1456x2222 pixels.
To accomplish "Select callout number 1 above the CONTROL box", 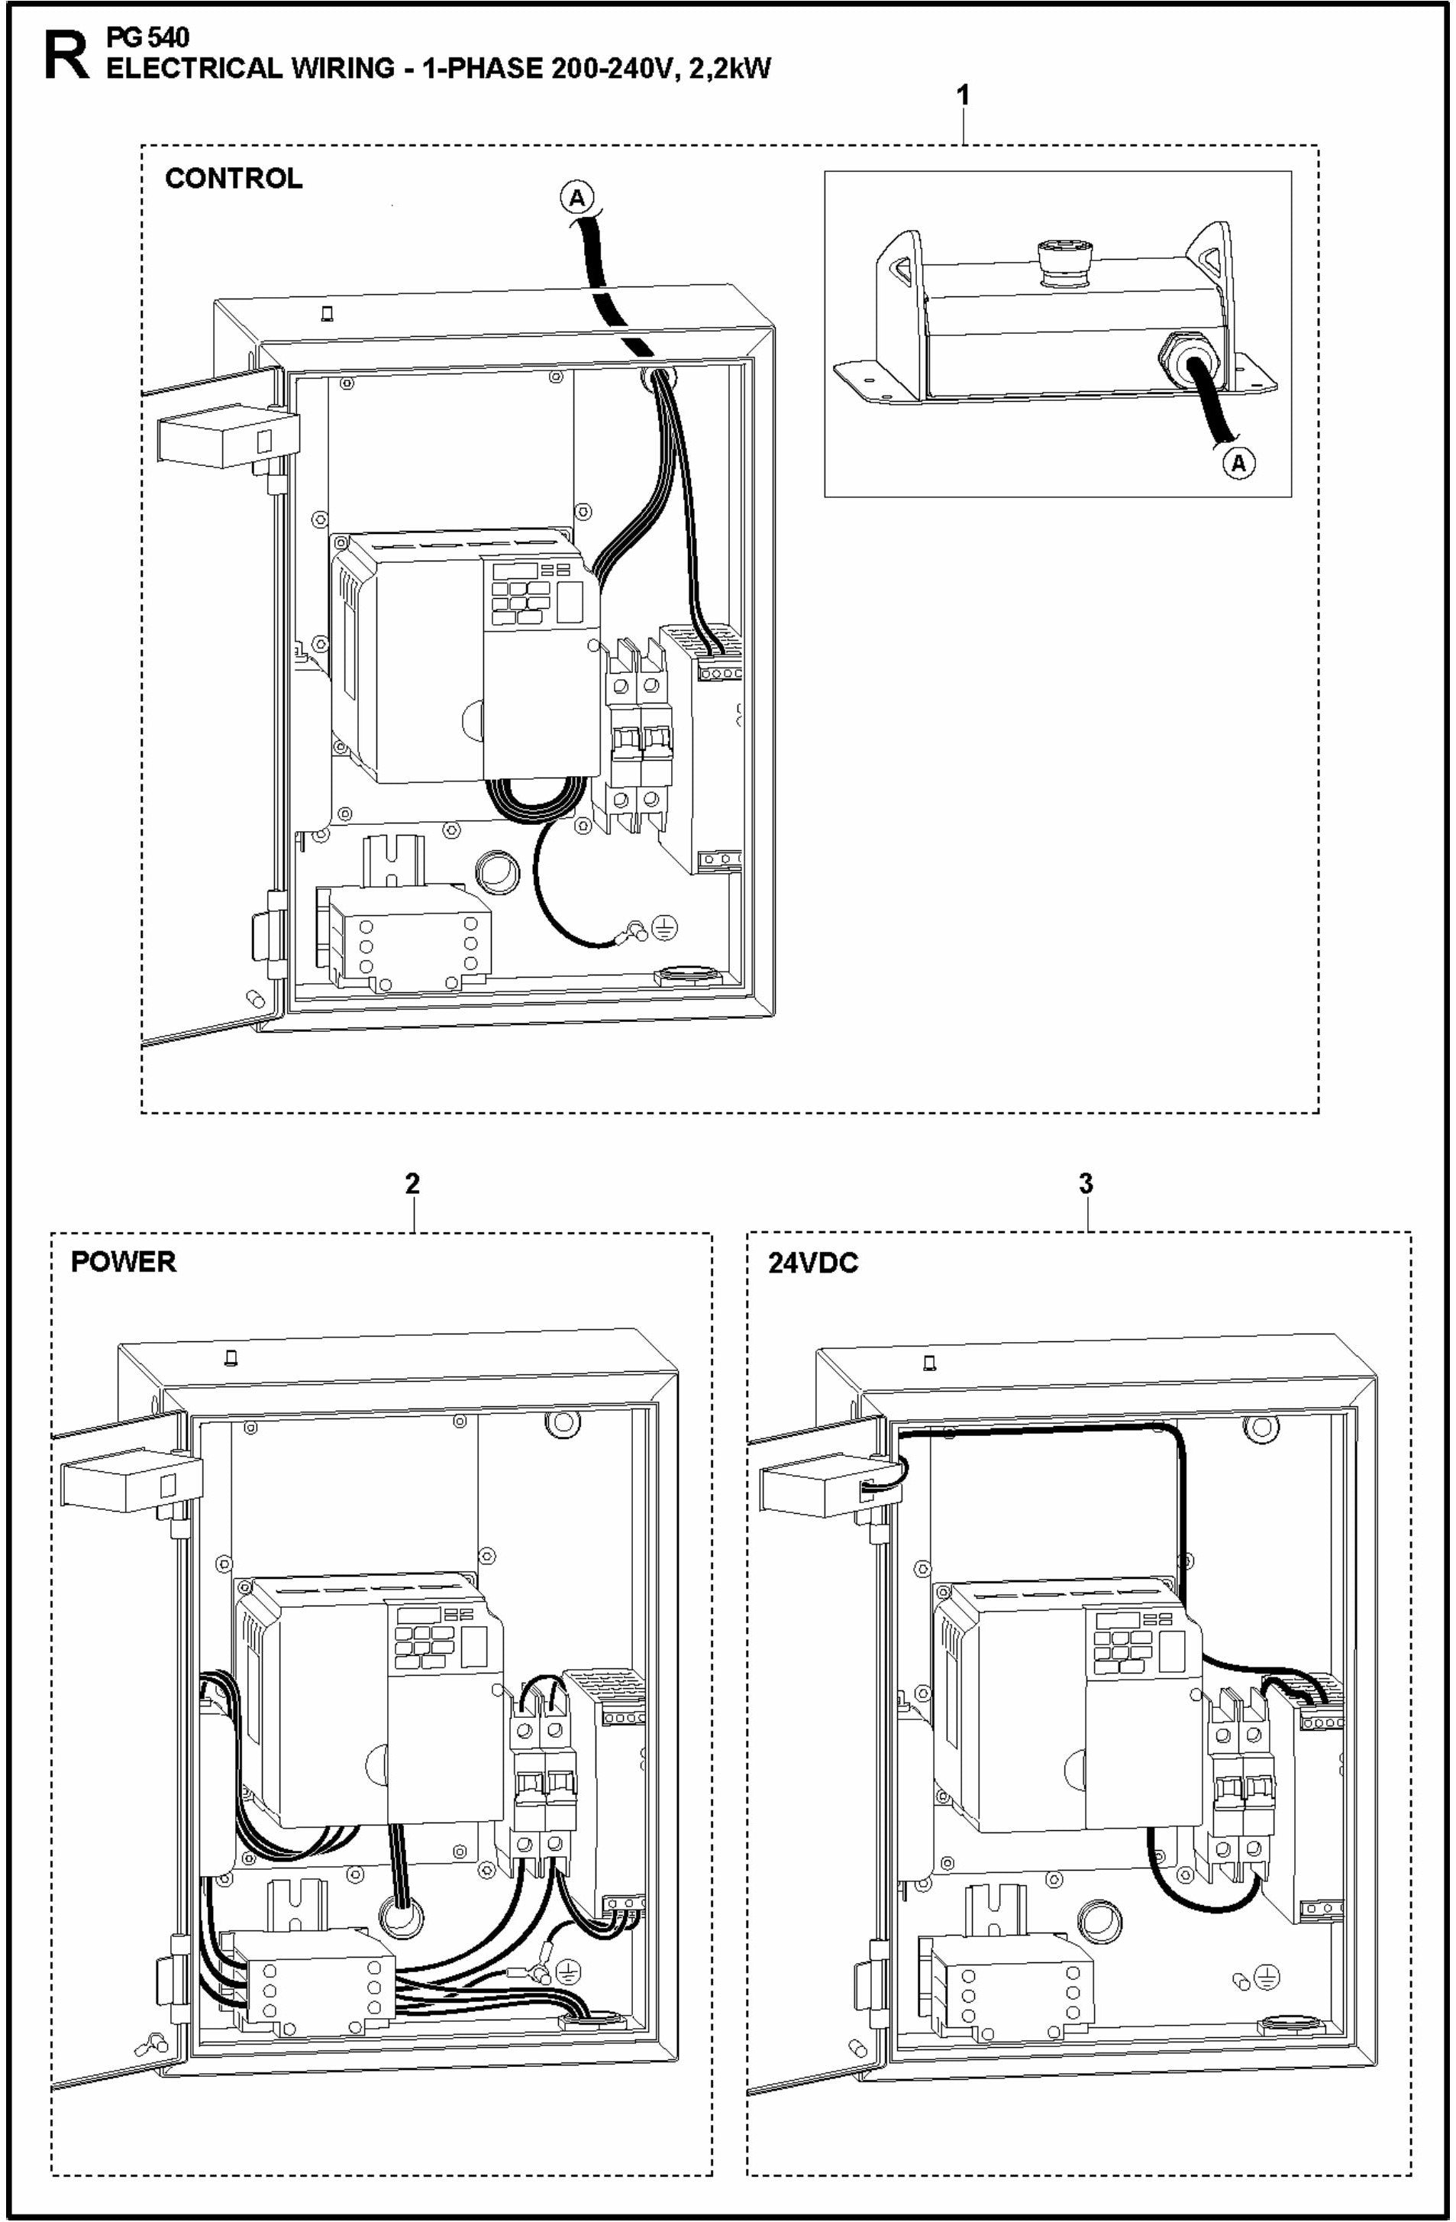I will click(964, 96).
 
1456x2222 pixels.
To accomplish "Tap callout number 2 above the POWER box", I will click(412, 1184).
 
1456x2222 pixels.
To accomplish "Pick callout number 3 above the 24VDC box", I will click(1086, 1184).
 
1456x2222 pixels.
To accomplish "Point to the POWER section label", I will click(123, 1263).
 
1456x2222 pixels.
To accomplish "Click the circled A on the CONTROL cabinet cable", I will click(576, 197).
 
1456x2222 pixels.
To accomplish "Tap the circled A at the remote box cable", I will click(1238, 463).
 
